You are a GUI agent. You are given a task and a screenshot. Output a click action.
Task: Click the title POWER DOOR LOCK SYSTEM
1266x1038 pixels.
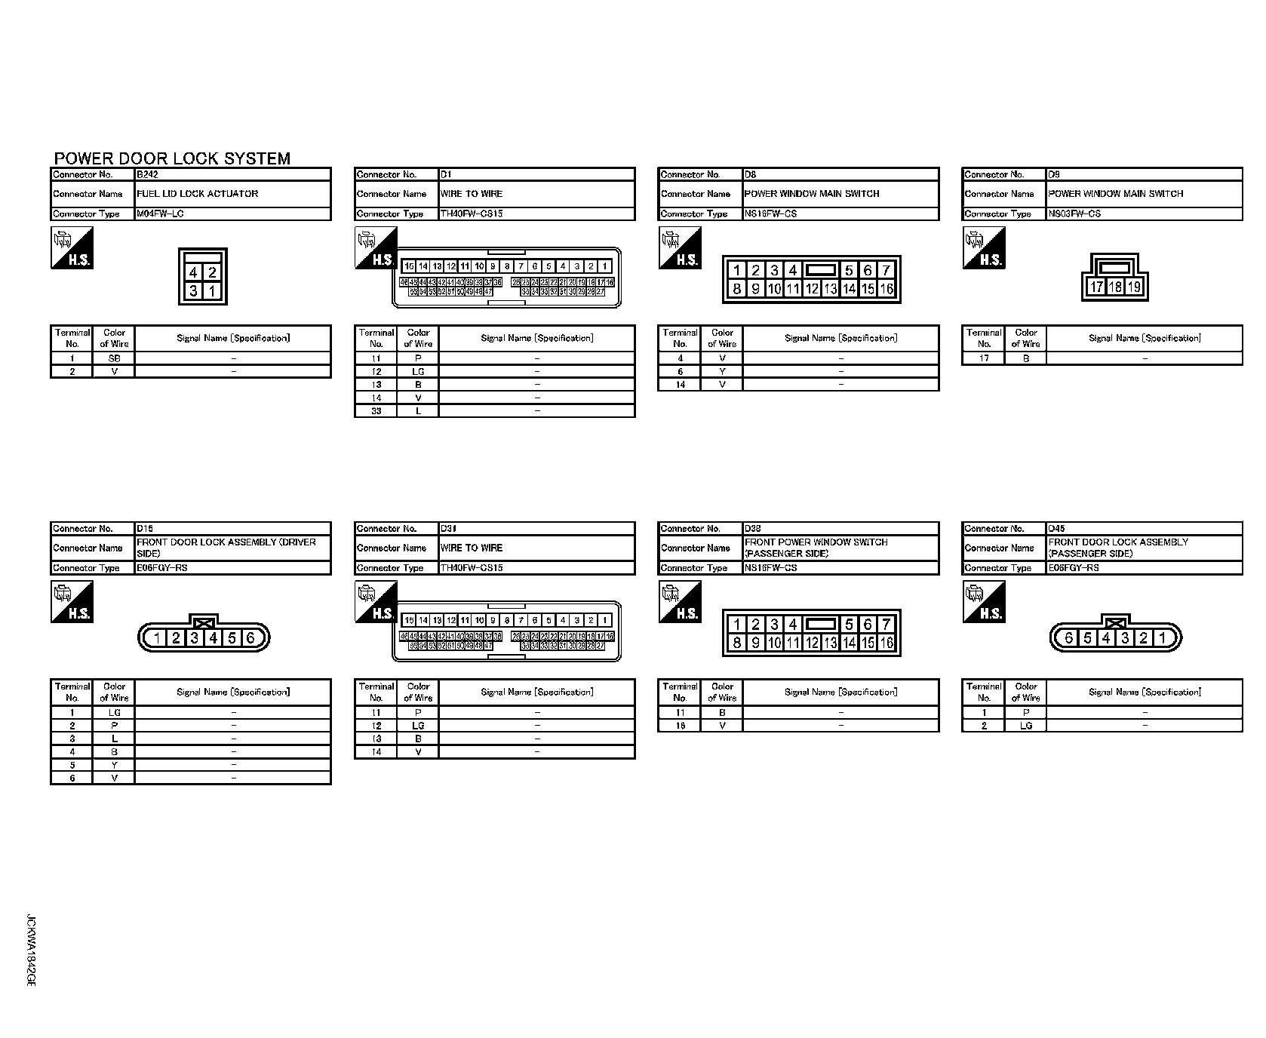click(x=172, y=158)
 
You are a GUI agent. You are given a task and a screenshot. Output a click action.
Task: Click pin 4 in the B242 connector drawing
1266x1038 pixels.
click(x=195, y=273)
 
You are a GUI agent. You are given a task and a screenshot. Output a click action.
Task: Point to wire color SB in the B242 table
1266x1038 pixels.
click(x=114, y=358)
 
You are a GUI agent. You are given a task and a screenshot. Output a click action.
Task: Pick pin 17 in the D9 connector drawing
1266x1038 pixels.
click(x=1097, y=287)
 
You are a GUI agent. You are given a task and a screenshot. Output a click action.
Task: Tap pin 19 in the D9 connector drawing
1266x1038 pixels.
click(x=1134, y=287)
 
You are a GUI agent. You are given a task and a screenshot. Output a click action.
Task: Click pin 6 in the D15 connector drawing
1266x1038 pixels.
click(x=250, y=638)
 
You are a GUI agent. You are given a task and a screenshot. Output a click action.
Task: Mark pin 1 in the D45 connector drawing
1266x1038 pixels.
click(x=1162, y=638)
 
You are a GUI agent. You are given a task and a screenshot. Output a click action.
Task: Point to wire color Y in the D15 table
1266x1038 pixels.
click(x=114, y=765)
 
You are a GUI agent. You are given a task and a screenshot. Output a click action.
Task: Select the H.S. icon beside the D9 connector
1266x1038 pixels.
click(x=984, y=248)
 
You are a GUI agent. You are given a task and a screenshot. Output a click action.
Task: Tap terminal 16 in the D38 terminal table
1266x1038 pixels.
click(x=680, y=726)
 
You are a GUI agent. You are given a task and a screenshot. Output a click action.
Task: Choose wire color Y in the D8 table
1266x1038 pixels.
click(x=722, y=371)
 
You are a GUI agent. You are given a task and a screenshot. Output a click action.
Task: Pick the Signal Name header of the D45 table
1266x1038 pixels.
click(x=1145, y=692)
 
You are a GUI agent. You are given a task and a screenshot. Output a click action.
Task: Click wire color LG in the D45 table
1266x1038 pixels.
click(x=1025, y=726)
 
